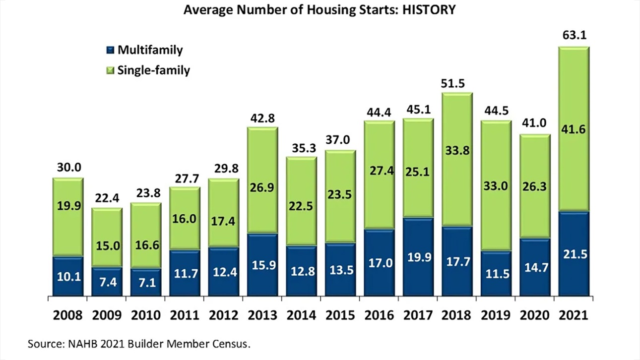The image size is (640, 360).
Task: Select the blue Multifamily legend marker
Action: coord(110,50)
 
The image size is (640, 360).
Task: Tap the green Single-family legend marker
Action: coord(110,71)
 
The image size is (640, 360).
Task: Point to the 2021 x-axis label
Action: coord(573,316)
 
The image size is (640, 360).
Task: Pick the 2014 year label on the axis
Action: coord(301,316)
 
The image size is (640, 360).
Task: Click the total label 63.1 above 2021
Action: coord(573,36)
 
